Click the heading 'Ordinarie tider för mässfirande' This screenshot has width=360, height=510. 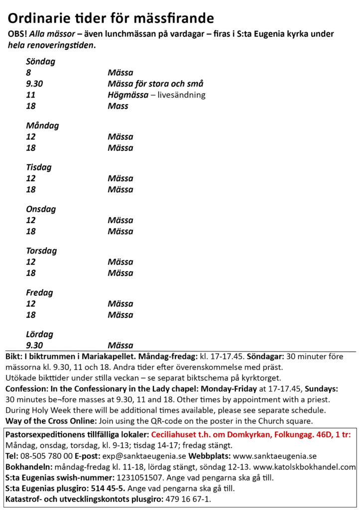[x=111, y=18]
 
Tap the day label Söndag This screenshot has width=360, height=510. [x=40, y=62]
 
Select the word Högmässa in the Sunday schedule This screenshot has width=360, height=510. [x=128, y=95]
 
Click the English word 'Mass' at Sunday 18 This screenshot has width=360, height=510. [x=118, y=106]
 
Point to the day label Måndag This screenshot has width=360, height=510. [x=42, y=126]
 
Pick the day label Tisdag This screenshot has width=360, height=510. [x=39, y=167]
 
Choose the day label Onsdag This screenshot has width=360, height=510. [x=41, y=209]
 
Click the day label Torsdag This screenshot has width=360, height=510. [x=41, y=251]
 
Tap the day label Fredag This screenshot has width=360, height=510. [x=39, y=293]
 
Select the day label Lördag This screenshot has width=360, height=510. [x=39, y=334]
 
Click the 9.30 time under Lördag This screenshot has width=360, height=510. [x=34, y=345]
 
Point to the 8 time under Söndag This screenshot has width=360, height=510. [x=28, y=73]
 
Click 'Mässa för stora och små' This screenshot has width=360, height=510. [x=155, y=84]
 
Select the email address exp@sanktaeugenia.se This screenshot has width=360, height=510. [x=144, y=456]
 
